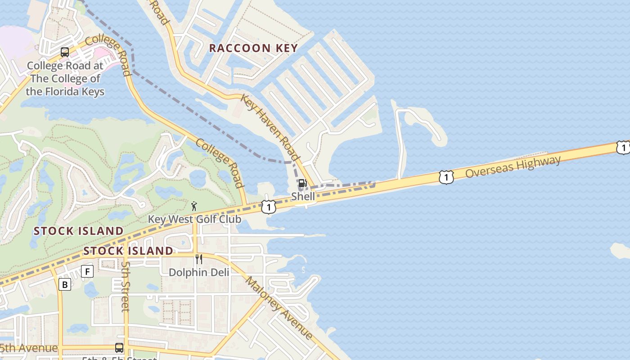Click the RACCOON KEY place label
coord(253,48)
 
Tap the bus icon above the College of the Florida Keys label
coord(65,52)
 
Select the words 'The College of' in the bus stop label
coord(65,79)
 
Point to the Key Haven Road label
coord(270,127)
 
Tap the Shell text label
coord(303,196)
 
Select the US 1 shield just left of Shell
coord(269,207)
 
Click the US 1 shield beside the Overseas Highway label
coord(446,178)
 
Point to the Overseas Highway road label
coord(513,166)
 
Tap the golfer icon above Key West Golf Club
coord(194,207)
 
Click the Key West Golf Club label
coord(195,219)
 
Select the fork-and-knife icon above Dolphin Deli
coord(198,259)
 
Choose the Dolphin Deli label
coord(199,272)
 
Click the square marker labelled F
coord(87,271)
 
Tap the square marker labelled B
coord(65,284)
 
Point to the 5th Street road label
coord(126,287)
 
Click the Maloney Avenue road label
coord(279,308)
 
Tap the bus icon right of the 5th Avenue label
coord(119,348)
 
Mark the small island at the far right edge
coord(621,251)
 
